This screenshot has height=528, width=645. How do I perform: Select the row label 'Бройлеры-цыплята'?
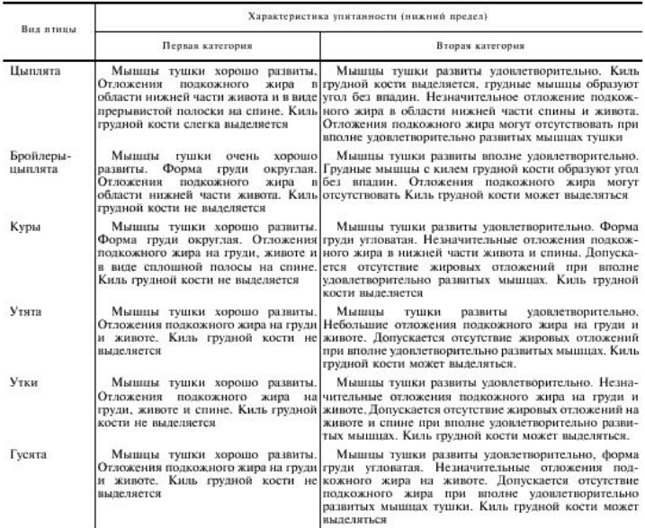point(40,161)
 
